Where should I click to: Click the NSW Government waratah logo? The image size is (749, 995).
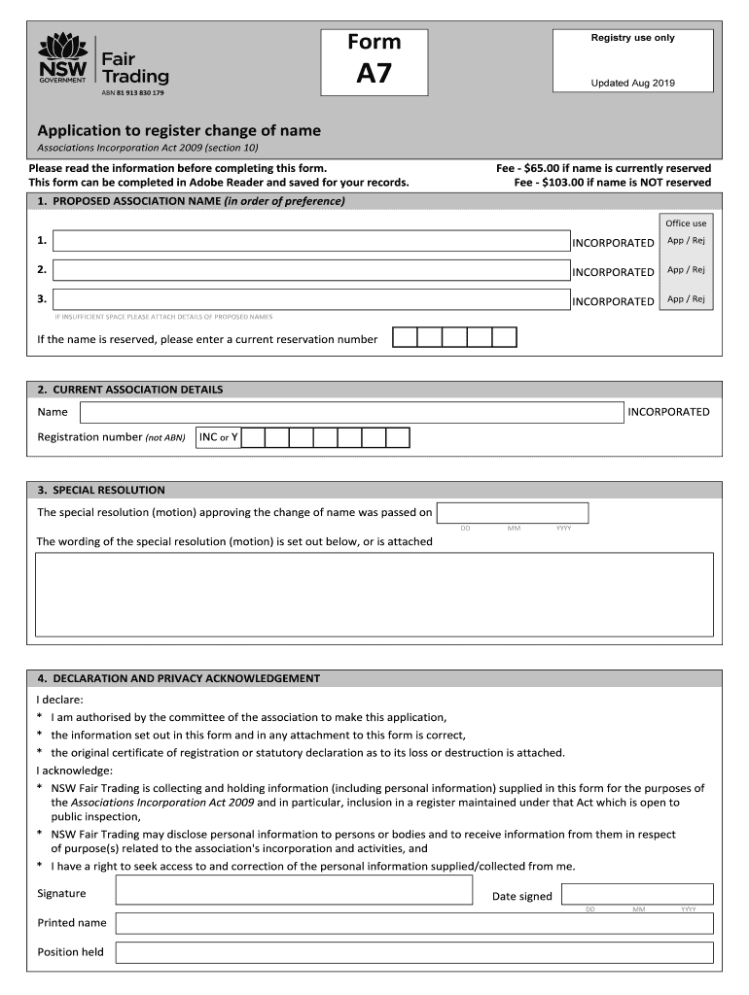[63, 58]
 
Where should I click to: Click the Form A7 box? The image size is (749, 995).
[374, 61]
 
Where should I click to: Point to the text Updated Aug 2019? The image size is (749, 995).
[632, 84]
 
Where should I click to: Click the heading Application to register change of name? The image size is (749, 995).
[179, 130]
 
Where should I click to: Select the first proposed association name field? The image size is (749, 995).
[311, 241]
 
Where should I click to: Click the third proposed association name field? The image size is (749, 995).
[311, 299]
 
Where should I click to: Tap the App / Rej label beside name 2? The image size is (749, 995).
[686, 270]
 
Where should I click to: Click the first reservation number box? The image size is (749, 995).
[405, 338]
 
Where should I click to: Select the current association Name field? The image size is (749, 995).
[351, 412]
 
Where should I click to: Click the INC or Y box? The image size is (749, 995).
[218, 437]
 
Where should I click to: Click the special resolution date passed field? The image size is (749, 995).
[513, 513]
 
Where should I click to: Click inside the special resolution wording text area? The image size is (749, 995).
[374, 595]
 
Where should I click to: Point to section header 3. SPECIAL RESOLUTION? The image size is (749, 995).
[101, 491]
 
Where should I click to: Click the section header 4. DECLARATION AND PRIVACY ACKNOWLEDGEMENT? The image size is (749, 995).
[178, 678]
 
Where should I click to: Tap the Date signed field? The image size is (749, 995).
[637, 894]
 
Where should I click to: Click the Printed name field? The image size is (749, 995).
[414, 923]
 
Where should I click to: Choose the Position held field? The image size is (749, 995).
[414, 952]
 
